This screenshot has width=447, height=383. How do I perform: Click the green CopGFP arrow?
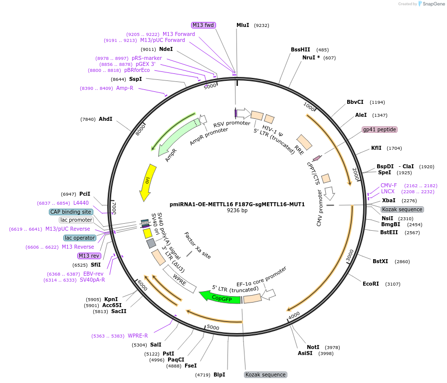tap(220, 298)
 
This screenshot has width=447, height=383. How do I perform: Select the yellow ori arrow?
tap(148, 181)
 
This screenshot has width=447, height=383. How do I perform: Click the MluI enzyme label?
tap(242, 25)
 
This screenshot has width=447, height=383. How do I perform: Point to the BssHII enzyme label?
tap(300, 49)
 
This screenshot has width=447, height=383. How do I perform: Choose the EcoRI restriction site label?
tap(371, 284)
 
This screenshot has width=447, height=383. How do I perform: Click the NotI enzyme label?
tap(313, 347)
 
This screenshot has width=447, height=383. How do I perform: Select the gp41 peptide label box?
tap(380, 129)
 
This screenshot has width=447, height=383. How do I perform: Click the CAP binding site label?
tap(71, 212)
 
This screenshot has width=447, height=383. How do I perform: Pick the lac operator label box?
tap(80, 238)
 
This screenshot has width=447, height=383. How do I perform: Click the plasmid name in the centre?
tap(237, 204)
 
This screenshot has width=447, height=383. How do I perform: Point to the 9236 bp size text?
tap(237, 210)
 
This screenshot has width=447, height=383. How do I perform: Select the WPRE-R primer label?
tap(138, 336)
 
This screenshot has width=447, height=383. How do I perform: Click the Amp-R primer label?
tap(125, 88)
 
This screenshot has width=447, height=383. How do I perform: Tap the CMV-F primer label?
tap(389, 185)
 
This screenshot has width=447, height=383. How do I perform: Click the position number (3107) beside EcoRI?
tap(393, 284)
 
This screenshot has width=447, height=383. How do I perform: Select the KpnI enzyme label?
tap(111, 299)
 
